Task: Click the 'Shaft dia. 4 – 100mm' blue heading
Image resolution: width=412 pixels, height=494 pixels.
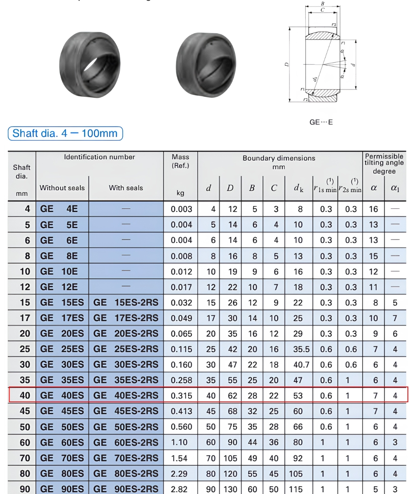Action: [65, 133]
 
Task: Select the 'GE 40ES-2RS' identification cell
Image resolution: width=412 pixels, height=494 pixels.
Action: [126, 395]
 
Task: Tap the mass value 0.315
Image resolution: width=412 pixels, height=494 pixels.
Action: [181, 396]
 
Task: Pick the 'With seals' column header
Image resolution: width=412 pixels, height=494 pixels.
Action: [126, 188]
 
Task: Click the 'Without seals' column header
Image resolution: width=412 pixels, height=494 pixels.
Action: [62, 188]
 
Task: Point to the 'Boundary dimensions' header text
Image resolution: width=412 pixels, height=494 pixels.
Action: [279, 158]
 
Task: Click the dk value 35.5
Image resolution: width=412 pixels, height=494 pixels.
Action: [301, 349]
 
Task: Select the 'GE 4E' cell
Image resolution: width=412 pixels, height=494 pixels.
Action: [59, 209]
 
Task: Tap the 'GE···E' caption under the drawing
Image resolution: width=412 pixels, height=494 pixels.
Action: [321, 122]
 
